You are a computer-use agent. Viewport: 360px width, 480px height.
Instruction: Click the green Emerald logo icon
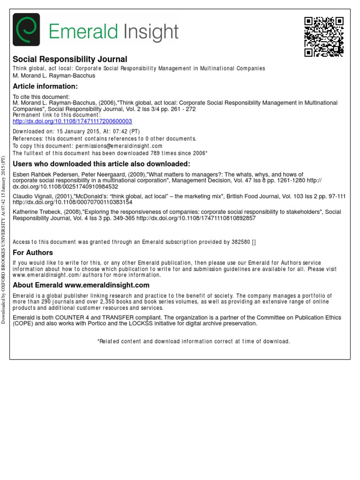point(26,30)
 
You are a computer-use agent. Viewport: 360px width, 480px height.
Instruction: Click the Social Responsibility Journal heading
point(69,59)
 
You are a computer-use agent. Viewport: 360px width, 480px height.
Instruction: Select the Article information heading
point(45,86)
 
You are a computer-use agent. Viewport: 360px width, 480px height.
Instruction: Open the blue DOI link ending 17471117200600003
point(72,121)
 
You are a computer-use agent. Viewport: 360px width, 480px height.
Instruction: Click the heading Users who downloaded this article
point(101,164)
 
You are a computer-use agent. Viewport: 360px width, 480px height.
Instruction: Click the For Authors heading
point(33,253)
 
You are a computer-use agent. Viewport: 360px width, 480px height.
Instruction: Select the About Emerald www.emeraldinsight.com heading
point(81,285)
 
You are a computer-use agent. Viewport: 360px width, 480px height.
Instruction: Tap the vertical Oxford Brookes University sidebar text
point(4,239)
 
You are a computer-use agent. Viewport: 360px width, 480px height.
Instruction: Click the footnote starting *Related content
point(193,341)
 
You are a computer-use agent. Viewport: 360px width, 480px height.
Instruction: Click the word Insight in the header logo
point(151,32)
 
